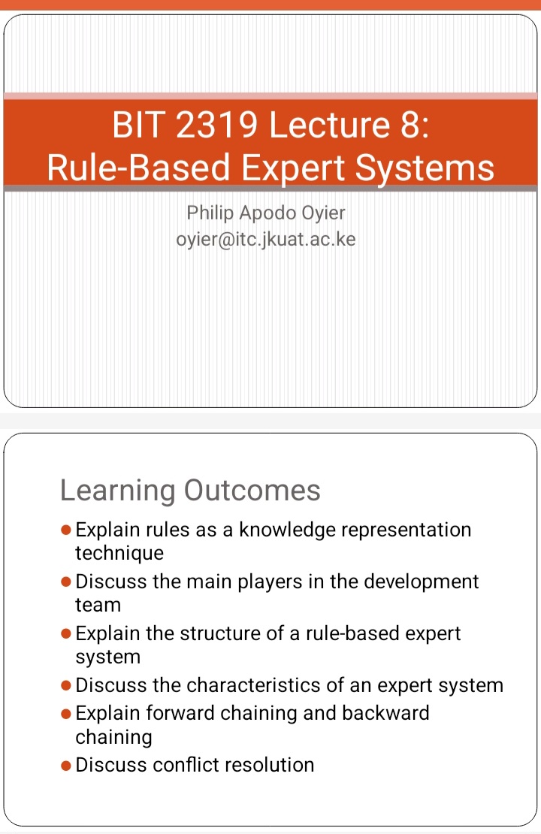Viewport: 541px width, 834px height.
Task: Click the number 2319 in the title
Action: [216, 125]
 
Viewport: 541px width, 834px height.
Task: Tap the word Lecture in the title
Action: [330, 125]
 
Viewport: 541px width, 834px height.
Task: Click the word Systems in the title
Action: [425, 169]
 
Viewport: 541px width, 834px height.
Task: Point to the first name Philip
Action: [210, 213]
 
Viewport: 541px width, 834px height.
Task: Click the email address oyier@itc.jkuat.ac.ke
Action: [266, 240]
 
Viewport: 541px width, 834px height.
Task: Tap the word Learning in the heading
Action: [117, 491]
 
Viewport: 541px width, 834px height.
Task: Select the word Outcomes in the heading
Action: [252, 490]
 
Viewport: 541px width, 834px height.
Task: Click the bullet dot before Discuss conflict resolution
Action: [66, 766]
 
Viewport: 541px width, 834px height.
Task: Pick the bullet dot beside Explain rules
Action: [66, 530]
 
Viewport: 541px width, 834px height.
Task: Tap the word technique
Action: [119, 554]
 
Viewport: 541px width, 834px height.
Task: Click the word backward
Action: [385, 713]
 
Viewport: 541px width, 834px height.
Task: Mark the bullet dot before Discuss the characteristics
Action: [66, 686]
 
